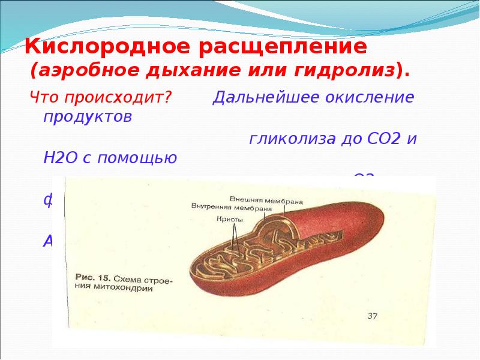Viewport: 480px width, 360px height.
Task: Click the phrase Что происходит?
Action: tap(102, 97)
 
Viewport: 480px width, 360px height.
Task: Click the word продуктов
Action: tap(86, 116)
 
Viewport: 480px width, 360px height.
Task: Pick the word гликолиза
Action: tap(295, 139)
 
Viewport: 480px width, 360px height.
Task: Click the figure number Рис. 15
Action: tap(91, 278)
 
